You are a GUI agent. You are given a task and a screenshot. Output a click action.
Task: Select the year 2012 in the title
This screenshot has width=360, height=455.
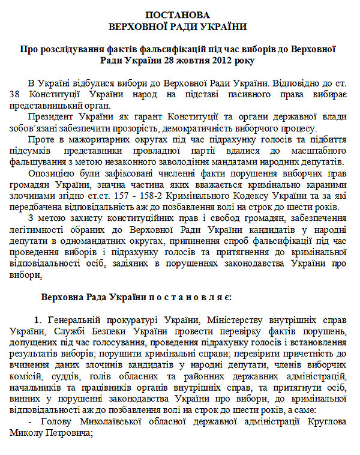tap(206, 60)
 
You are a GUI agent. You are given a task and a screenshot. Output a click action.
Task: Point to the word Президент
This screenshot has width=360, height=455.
tap(50, 116)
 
